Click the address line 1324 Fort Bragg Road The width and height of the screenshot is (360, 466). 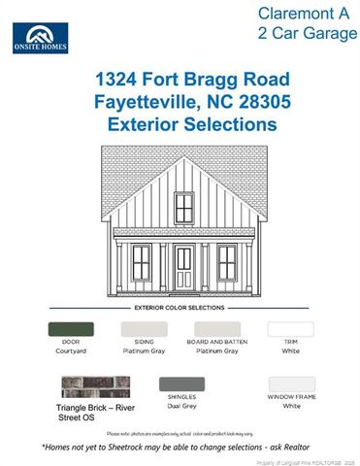pos(180,78)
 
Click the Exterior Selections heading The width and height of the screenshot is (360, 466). pos(180,124)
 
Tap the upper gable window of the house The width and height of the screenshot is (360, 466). pos(183,206)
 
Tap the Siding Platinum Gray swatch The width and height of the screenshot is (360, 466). pos(144,329)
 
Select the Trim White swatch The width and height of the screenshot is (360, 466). pos(290,329)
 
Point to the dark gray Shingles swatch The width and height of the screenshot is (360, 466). pos(181,384)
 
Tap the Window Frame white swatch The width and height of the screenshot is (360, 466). pos(290,384)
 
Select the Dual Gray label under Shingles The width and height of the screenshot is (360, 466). pos(181,406)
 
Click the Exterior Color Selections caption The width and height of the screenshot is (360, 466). pos(180,307)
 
